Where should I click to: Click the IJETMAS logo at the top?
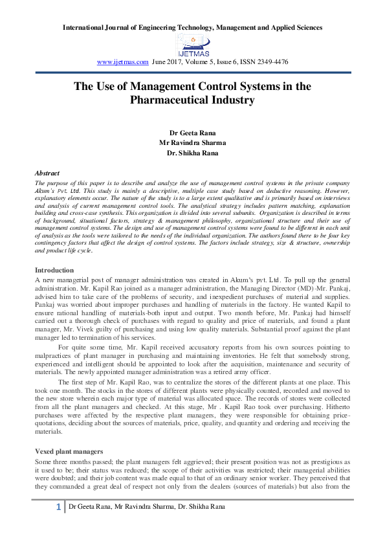tap(192, 45)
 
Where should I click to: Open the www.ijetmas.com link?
tap(122, 62)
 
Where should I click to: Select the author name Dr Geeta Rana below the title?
tap(192, 133)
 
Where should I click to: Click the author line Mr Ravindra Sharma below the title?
tap(192, 143)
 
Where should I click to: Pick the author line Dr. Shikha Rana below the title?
tap(192, 153)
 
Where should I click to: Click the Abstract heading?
tap(47, 173)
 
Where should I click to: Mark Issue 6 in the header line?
tap(230, 62)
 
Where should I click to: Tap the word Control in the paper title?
tap(218, 86)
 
